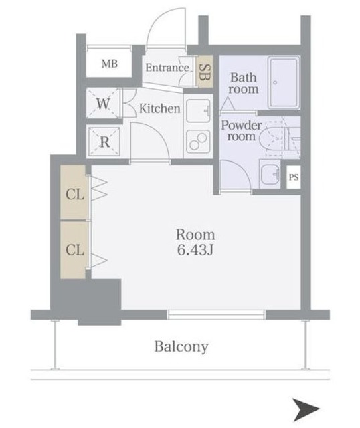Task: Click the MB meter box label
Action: pyautogui.click(x=110, y=64)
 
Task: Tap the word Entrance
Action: pyautogui.click(x=167, y=68)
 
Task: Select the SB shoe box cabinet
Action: pyautogui.click(x=205, y=72)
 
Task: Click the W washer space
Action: pyautogui.click(x=103, y=104)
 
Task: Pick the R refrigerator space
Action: pyautogui.click(x=104, y=141)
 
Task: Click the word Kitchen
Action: pyautogui.click(x=160, y=108)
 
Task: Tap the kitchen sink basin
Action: pyautogui.click(x=198, y=111)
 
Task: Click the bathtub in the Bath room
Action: pyautogui.click(x=283, y=83)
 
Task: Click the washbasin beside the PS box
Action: pyautogui.click(x=270, y=174)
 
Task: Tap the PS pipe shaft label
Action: pyautogui.click(x=294, y=177)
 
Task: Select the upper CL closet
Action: pyautogui.click(x=74, y=192)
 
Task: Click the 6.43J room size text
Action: pyautogui.click(x=195, y=249)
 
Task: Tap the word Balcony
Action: pyautogui.click(x=181, y=347)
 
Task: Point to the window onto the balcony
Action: pyautogui.click(x=216, y=314)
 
